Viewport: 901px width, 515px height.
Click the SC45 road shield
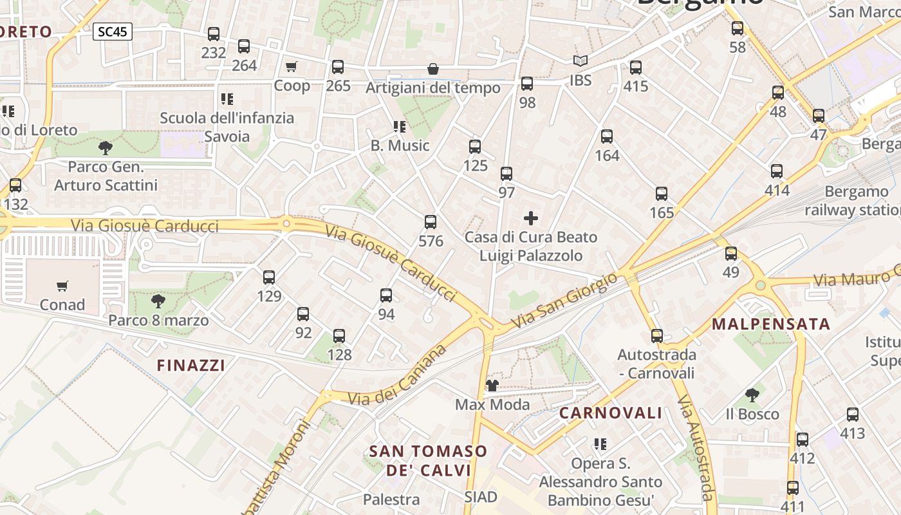coord(113,32)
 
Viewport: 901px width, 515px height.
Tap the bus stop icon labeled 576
coord(431,222)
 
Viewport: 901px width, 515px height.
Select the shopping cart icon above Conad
coord(62,286)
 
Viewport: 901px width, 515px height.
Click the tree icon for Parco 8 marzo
coord(158,301)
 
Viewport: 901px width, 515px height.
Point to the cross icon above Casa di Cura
coord(531,218)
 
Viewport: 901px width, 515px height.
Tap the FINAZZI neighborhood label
coord(191,366)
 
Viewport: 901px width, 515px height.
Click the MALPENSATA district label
coord(771,324)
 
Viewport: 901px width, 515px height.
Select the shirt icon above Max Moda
coord(492,386)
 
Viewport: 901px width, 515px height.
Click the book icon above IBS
coord(581,61)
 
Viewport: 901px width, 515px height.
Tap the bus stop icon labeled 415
coord(636,67)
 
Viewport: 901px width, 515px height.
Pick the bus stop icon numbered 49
coord(731,254)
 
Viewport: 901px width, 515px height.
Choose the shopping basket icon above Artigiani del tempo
coord(433,69)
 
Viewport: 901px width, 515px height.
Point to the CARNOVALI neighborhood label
coord(610,413)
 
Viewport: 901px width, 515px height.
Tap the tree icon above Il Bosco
coord(752,395)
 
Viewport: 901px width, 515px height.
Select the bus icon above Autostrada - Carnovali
coord(656,335)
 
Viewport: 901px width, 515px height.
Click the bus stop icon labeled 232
coord(214,34)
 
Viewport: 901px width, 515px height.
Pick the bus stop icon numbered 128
coord(339,335)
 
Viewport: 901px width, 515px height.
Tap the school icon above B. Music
coord(400,126)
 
